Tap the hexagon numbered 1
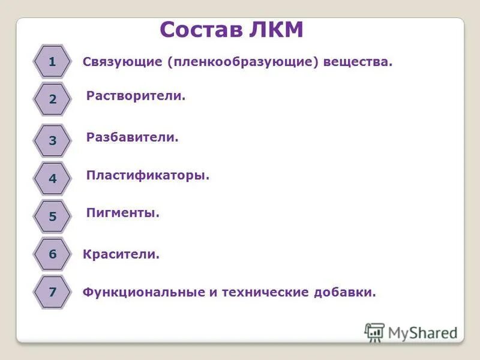click(52, 61)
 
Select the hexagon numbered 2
click(52, 100)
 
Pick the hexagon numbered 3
click(52, 141)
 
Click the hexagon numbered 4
click(52, 178)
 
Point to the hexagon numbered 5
click(52, 216)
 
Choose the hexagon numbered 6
click(52, 254)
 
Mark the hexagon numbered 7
click(52, 292)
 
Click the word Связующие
click(122, 62)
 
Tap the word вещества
click(358, 62)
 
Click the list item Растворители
click(136, 96)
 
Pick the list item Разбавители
click(133, 137)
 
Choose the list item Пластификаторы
click(148, 176)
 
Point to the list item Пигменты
click(123, 213)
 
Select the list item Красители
click(121, 255)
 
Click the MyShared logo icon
click(375, 332)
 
